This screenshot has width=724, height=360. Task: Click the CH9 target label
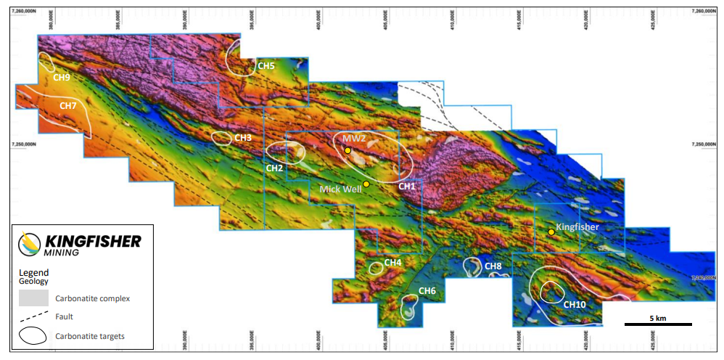click(61, 77)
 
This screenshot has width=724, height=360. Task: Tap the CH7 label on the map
click(68, 106)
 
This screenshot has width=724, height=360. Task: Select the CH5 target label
click(266, 66)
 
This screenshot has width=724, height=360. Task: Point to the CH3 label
click(243, 137)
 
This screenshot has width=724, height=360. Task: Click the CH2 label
click(274, 168)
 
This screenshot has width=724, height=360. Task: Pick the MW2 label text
click(354, 138)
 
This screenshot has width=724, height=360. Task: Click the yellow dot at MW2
click(348, 150)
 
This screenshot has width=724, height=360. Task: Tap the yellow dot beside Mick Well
click(366, 184)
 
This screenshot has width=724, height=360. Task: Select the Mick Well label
click(340, 189)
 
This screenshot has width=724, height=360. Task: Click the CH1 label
click(407, 187)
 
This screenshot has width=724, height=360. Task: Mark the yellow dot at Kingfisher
click(551, 232)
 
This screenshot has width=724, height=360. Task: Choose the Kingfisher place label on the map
click(578, 227)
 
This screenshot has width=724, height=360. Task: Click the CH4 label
click(392, 262)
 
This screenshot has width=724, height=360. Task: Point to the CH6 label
click(427, 291)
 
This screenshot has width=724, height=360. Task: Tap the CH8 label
click(493, 266)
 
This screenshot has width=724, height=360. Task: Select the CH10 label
click(575, 304)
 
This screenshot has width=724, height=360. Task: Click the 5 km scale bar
click(658, 324)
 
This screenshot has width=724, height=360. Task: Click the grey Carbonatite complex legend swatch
click(33, 298)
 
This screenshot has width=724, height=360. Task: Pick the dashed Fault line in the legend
click(33, 316)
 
